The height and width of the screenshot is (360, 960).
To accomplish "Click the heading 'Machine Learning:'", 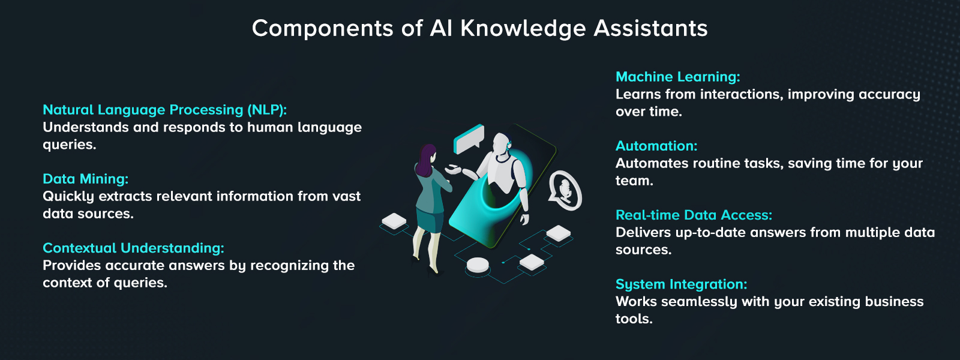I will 677,77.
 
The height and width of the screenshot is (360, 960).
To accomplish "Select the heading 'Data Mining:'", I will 85,179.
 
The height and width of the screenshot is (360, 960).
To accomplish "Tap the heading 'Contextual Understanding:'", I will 133,248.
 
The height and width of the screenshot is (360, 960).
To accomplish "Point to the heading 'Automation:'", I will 656,146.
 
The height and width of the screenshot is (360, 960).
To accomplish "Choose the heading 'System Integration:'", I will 681,284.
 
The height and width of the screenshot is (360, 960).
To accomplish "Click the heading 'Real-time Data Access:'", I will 694,215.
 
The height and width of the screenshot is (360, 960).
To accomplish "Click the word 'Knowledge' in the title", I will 523,28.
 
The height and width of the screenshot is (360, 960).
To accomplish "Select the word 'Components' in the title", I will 322,28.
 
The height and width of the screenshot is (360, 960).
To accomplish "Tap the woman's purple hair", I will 428,158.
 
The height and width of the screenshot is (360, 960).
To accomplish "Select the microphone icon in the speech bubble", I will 565,189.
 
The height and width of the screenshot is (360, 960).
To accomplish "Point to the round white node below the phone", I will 478,265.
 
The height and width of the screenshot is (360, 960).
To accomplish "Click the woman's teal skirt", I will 430,221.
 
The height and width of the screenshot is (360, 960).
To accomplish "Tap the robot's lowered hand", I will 524,218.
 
